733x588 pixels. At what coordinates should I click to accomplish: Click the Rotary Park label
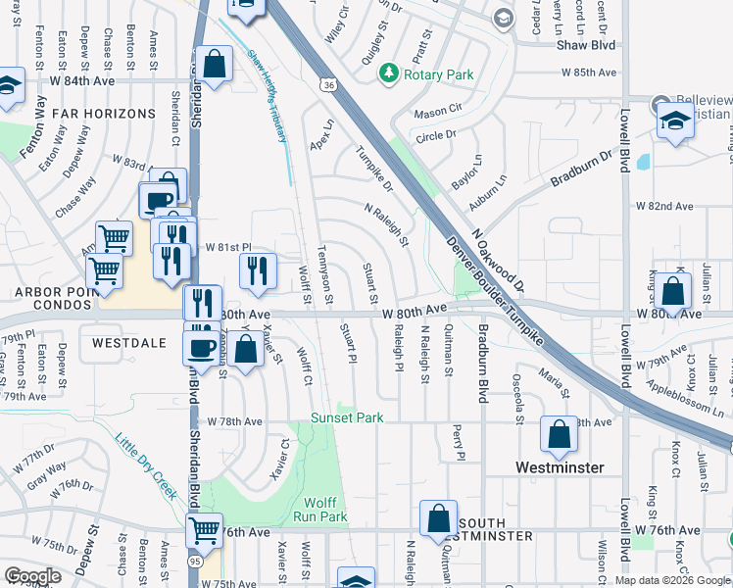[439, 74]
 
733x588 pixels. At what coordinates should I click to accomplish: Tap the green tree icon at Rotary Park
[390, 73]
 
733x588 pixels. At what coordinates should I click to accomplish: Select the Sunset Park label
[347, 417]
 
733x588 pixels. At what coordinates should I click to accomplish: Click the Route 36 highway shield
[328, 85]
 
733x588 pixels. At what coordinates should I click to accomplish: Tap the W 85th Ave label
[589, 73]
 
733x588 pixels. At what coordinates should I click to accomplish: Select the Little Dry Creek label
[147, 465]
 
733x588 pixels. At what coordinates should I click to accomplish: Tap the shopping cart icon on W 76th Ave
[204, 531]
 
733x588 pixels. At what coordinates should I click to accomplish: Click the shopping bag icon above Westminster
[559, 434]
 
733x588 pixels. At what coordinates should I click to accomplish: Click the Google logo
[32, 576]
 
